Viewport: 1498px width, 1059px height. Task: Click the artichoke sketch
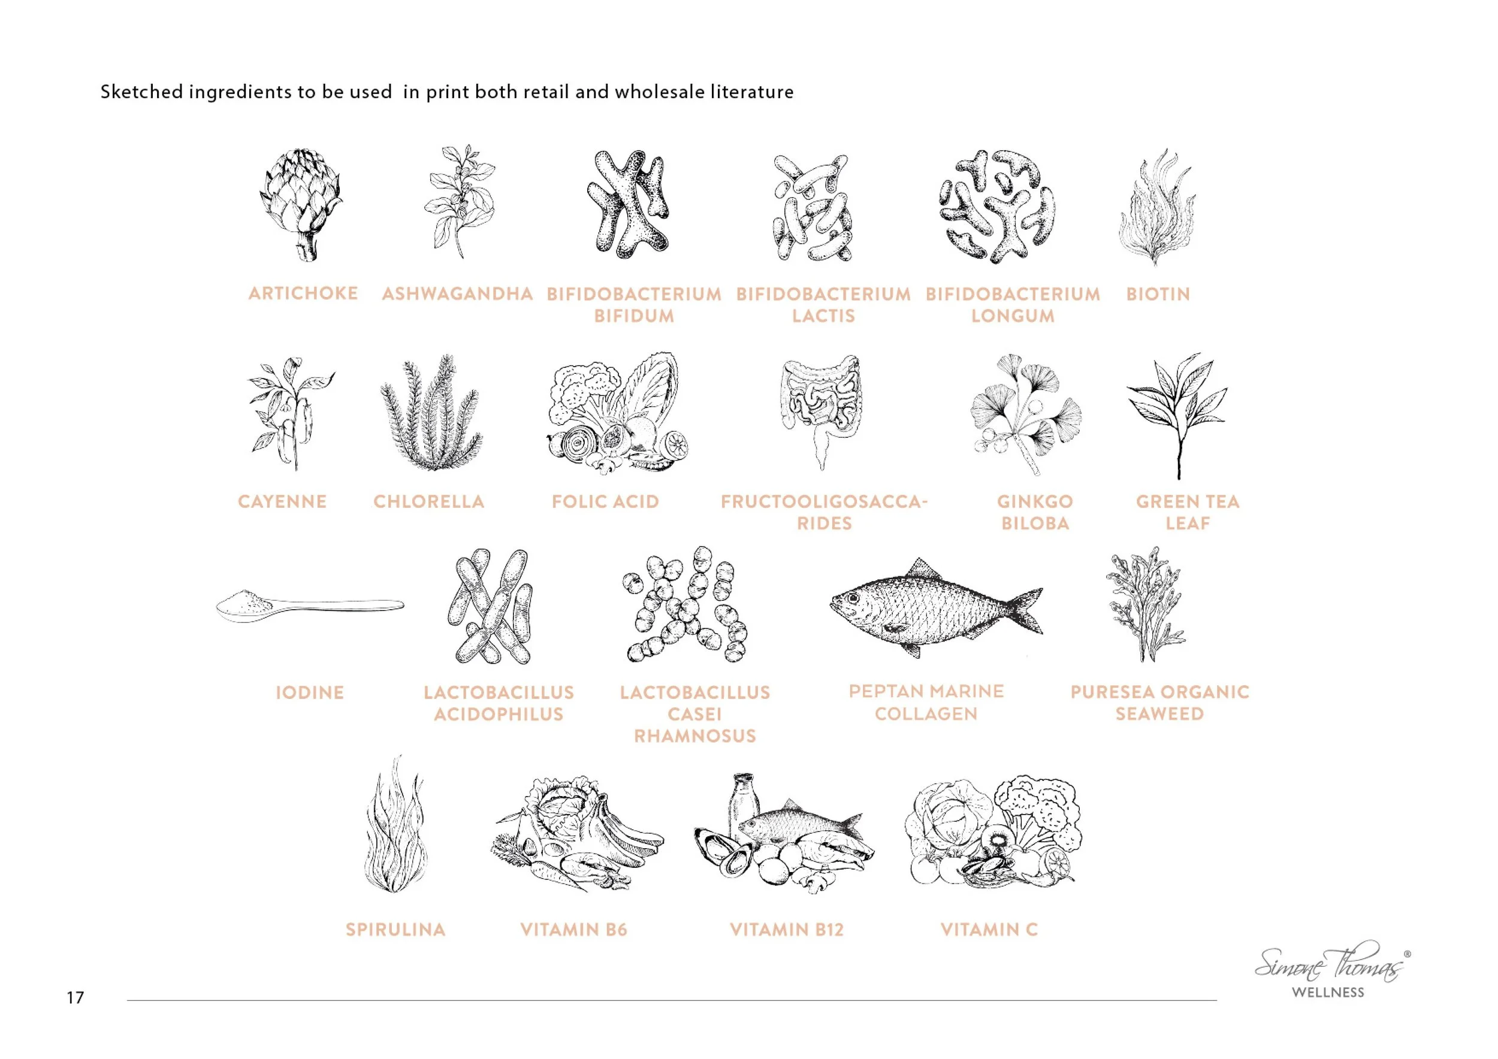(301, 204)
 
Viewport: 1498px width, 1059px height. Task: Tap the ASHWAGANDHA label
(457, 294)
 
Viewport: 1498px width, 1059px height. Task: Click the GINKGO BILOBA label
(1035, 512)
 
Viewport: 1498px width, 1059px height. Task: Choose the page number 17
(75, 997)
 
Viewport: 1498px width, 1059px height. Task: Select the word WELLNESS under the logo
(1328, 993)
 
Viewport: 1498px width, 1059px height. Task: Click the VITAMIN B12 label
(786, 929)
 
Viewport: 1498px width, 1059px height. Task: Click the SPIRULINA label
(395, 929)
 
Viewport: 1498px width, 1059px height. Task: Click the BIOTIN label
(1158, 294)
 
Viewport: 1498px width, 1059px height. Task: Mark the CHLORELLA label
(428, 501)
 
